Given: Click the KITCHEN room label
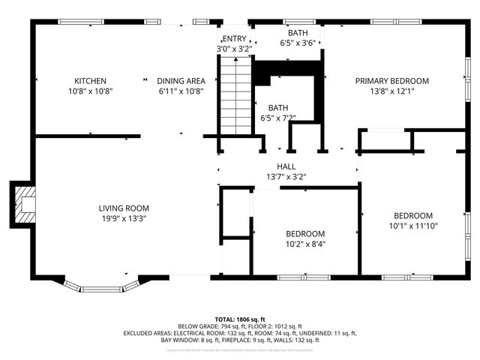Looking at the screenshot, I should [x=89, y=81].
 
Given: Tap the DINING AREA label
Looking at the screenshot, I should [x=181, y=81].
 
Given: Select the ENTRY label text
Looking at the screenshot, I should [x=233, y=39].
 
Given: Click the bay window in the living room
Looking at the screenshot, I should [x=101, y=286].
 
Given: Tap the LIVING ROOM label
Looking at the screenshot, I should [x=124, y=208].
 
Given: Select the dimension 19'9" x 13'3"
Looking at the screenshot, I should [x=124, y=219].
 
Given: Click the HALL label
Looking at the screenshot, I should [x=286, y=166].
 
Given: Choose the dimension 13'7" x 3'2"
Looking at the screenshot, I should [x=286, y=177].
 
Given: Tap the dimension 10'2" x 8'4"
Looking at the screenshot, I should [x=305, y=244].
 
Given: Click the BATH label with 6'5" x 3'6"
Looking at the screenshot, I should [x=298, y=33].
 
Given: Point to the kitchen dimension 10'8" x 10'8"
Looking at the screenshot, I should [x=89, y=91].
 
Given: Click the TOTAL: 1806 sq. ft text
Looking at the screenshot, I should [x=240, y=319].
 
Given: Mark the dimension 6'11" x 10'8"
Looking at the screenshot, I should [x=181, y=91].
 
